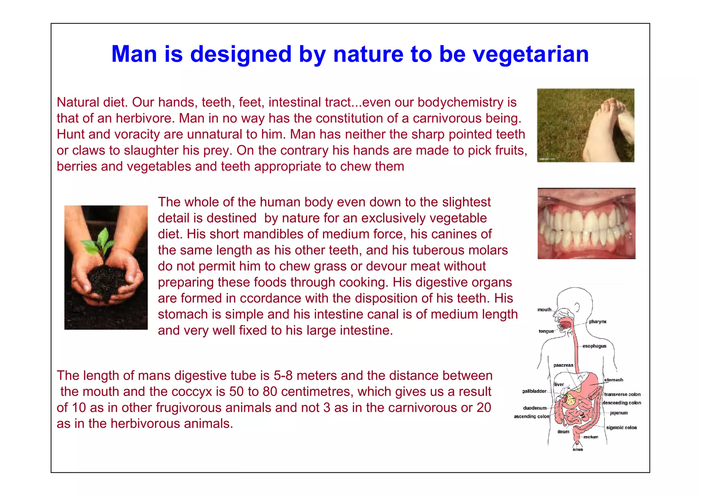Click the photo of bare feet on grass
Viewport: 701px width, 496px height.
point(585,125)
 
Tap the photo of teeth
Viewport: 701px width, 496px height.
point(586,223)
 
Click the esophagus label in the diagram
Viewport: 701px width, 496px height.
point(594,346)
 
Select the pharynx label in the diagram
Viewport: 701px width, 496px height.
point(598,322)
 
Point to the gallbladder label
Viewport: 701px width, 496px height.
point(534,391)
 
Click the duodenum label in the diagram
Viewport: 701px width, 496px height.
point(535,408)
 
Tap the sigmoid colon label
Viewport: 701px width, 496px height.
point(621,427)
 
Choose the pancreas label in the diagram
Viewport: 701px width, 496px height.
point(563,365)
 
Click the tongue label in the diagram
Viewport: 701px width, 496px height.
point(546,331)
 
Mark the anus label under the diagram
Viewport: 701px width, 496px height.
point(578,449)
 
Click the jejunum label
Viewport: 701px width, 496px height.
point(619,413)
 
